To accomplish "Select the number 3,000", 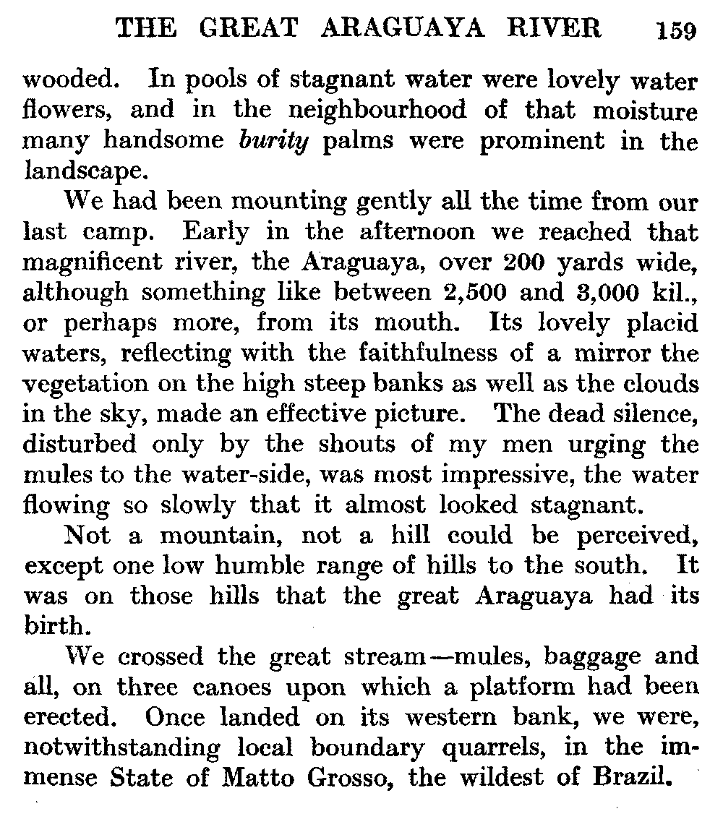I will [614, 293].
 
